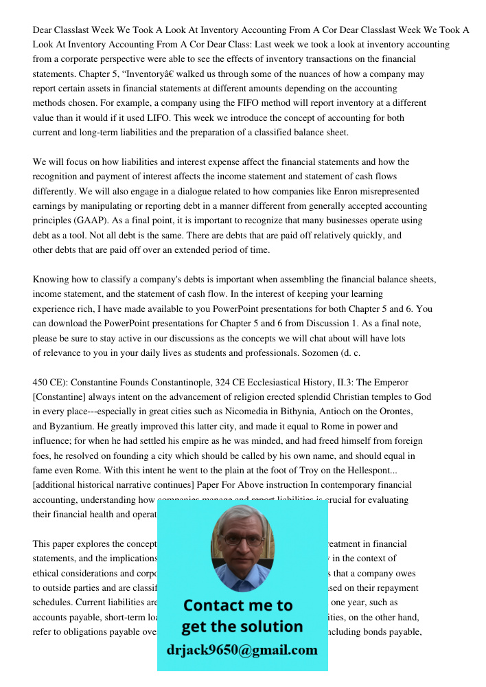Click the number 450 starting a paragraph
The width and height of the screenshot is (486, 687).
pos(40,382)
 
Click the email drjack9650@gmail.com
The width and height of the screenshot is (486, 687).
pos(242,650)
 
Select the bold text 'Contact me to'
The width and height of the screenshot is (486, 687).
pos(238,605)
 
